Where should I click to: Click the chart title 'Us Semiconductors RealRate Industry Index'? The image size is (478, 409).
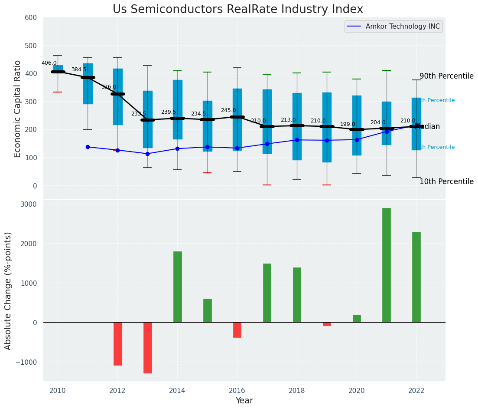tap(238, 10)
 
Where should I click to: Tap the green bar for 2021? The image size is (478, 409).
tap(387, 265)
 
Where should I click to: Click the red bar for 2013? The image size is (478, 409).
tap(148, 347)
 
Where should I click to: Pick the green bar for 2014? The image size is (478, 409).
tap(178, 287)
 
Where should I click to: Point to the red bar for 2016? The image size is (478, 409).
tap(237, 330)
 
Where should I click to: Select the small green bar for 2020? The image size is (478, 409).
tap(357, 319)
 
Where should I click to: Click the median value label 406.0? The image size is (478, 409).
tap(49, 63)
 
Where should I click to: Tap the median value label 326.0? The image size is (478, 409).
tap(109, 87)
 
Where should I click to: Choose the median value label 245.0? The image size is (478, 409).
tap(228, 111)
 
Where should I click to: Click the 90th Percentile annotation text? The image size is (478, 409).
tap(446, 76)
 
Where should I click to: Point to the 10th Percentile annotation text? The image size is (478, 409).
tap(446, 181)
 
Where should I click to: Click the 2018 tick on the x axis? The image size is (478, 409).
tap(297, 391)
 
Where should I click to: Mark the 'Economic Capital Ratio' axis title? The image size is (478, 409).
tap(18, 109)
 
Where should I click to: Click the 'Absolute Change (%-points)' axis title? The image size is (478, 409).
tap(8, 290)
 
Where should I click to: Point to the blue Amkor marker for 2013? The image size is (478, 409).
tap(147, 154)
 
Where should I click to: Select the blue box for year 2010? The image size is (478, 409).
tap(58, 69)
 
